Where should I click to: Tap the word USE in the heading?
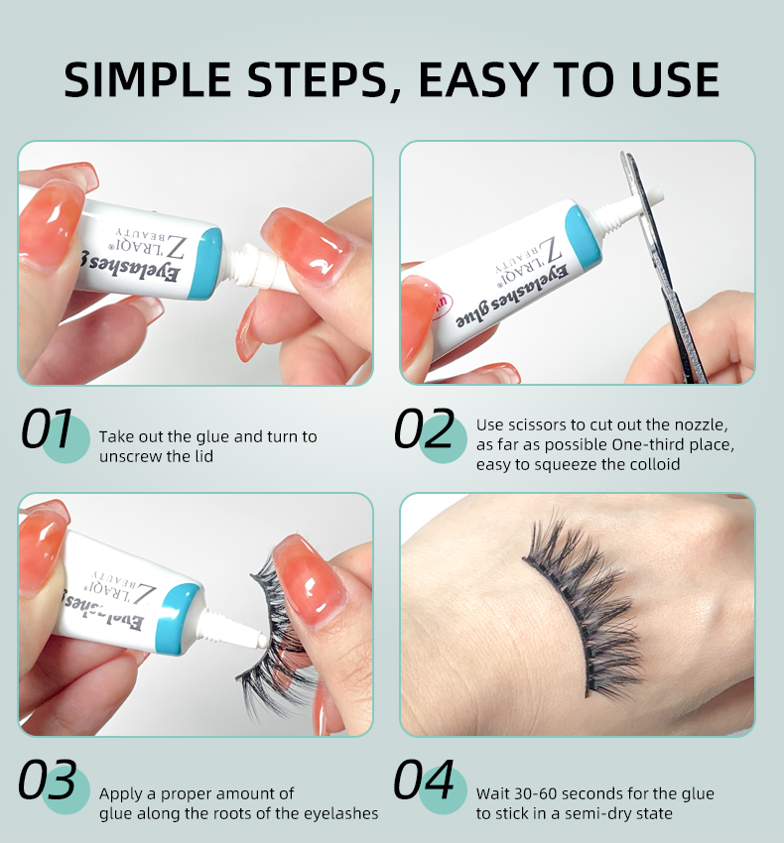pyautogui.click(x=667, y=79)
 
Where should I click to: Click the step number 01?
pyautogui.click(x=48, y=430)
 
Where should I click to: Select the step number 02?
pyautogui.click(x=424, y=430)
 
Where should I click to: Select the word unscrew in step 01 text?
pyautogui.click(x=128, y=456)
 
